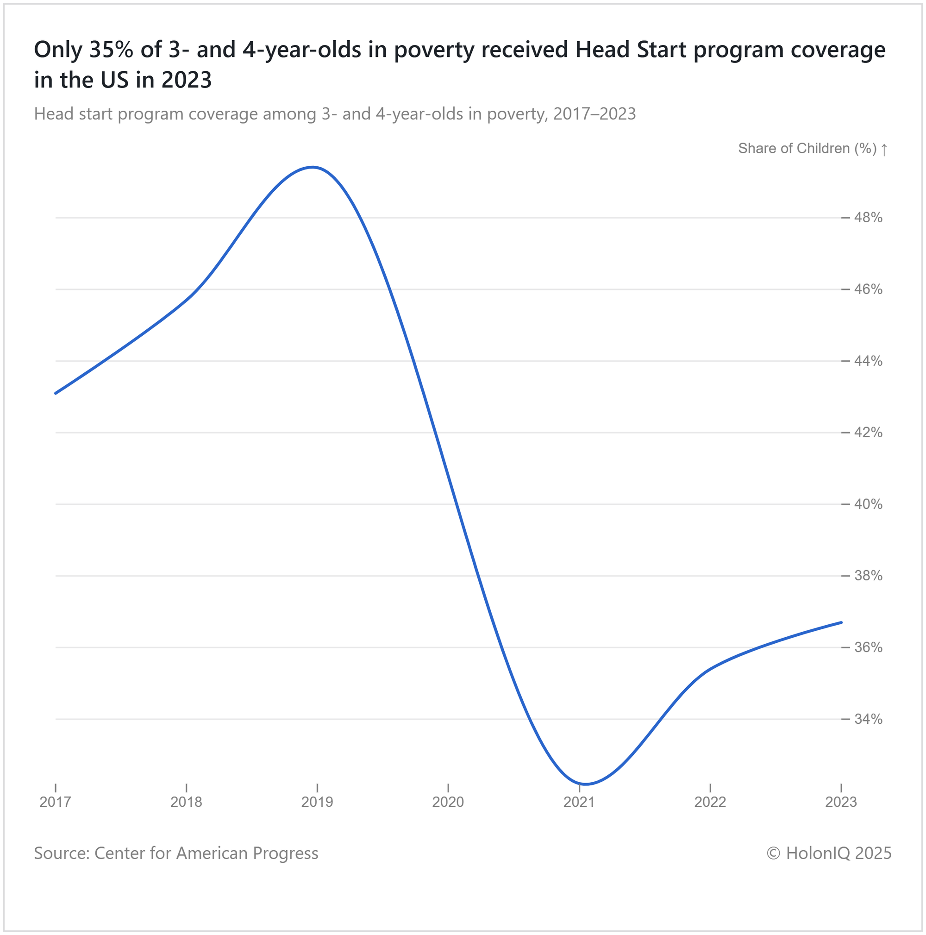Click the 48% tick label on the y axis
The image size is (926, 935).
868,218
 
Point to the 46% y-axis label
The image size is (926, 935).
868,289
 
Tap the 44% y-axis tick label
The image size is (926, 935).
868,361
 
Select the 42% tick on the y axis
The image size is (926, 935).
868,433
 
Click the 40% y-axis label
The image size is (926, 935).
868,504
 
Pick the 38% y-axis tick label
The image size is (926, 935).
868,576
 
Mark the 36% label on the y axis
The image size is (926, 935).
868,647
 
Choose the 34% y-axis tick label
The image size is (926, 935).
868,719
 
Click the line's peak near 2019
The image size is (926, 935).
313,168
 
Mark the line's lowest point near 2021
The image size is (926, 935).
585,784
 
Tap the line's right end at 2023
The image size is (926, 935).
841,622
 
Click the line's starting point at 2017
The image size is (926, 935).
56,394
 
